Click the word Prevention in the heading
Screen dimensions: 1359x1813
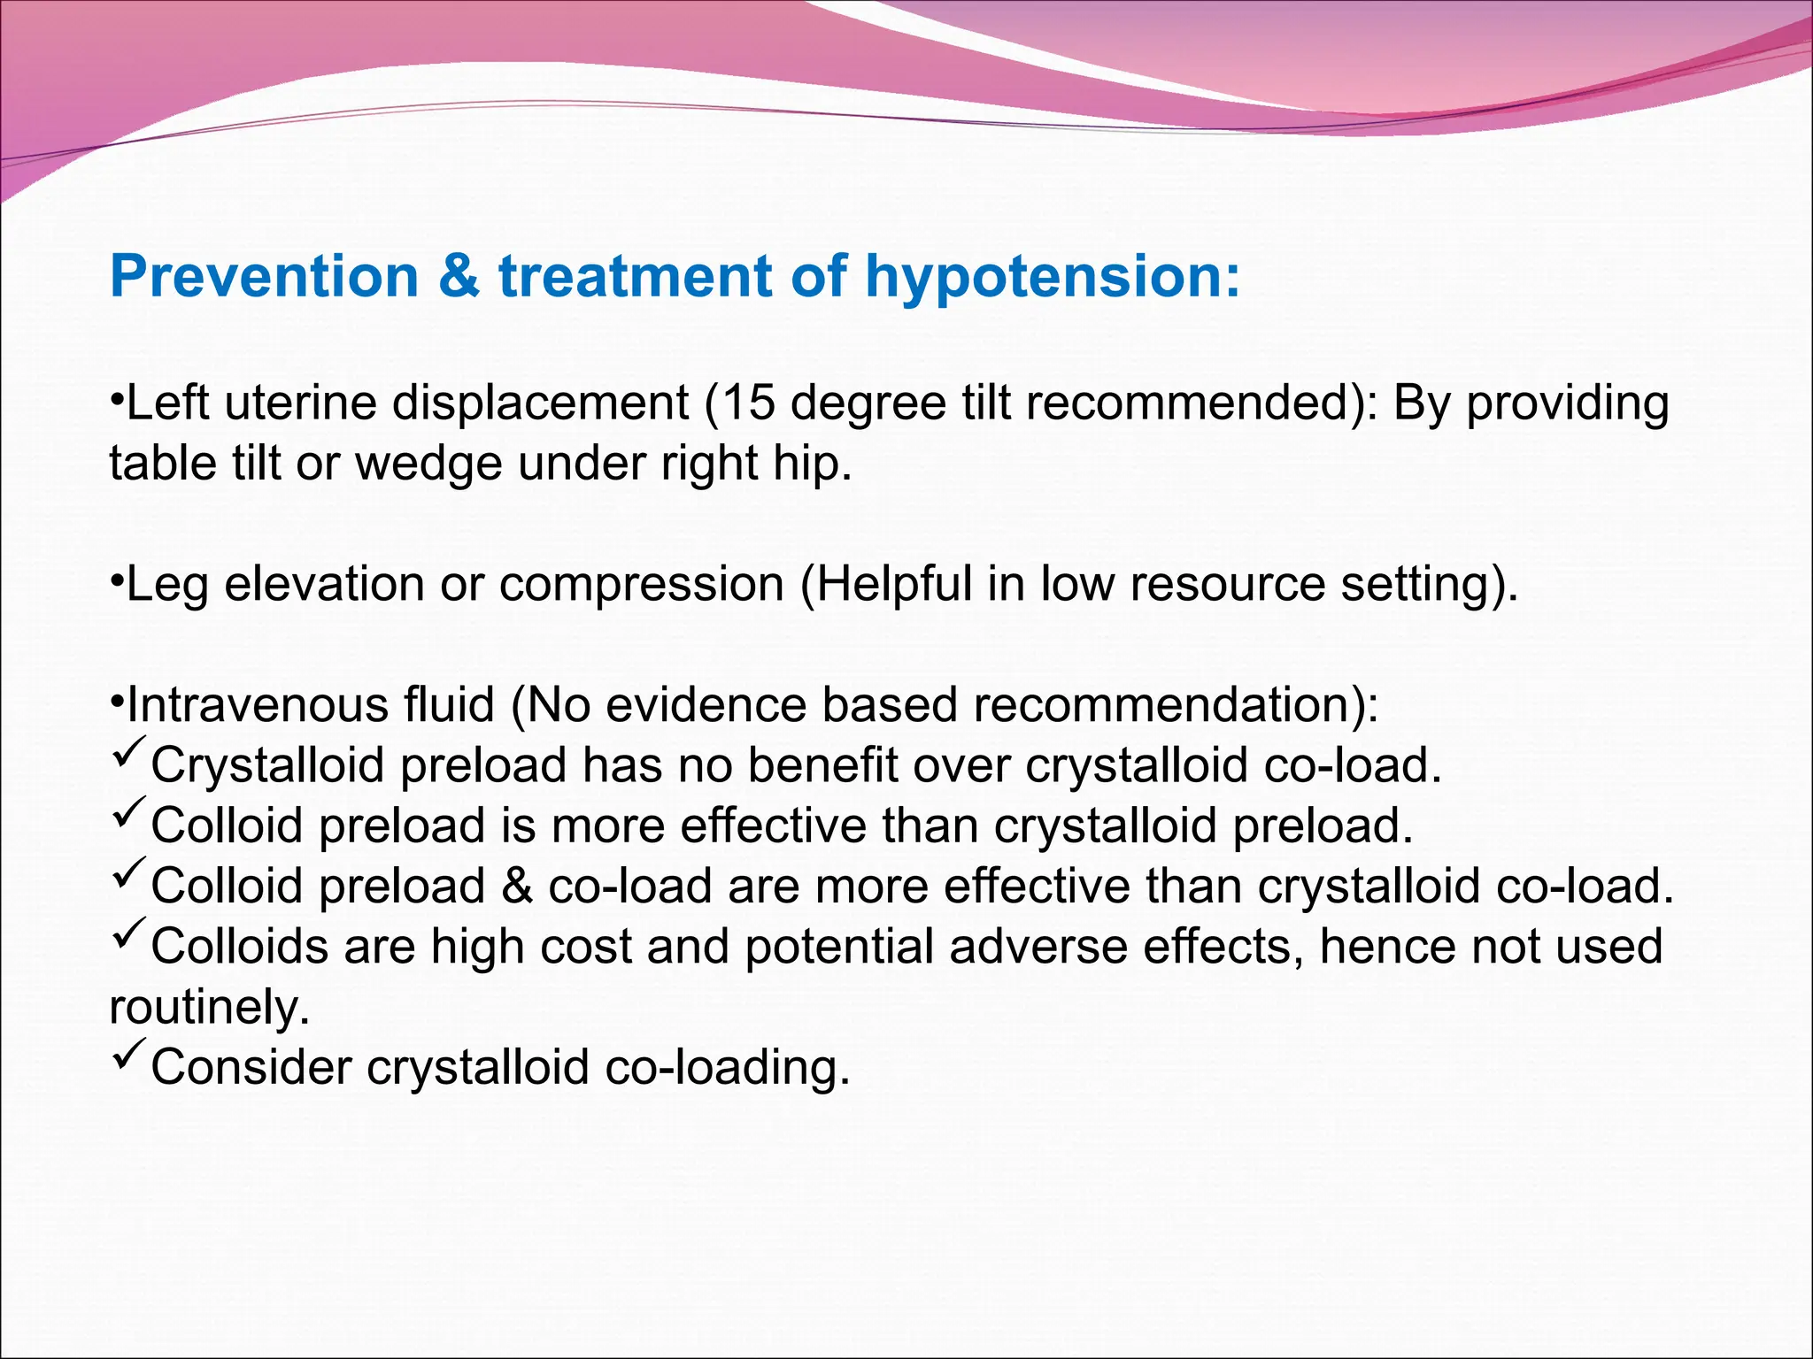[x=264, y=277]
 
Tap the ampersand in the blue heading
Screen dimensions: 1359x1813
[x=459, y=277]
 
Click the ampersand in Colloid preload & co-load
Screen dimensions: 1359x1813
[x=517, y=887]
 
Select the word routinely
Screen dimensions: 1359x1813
[x=209, y=1008]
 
